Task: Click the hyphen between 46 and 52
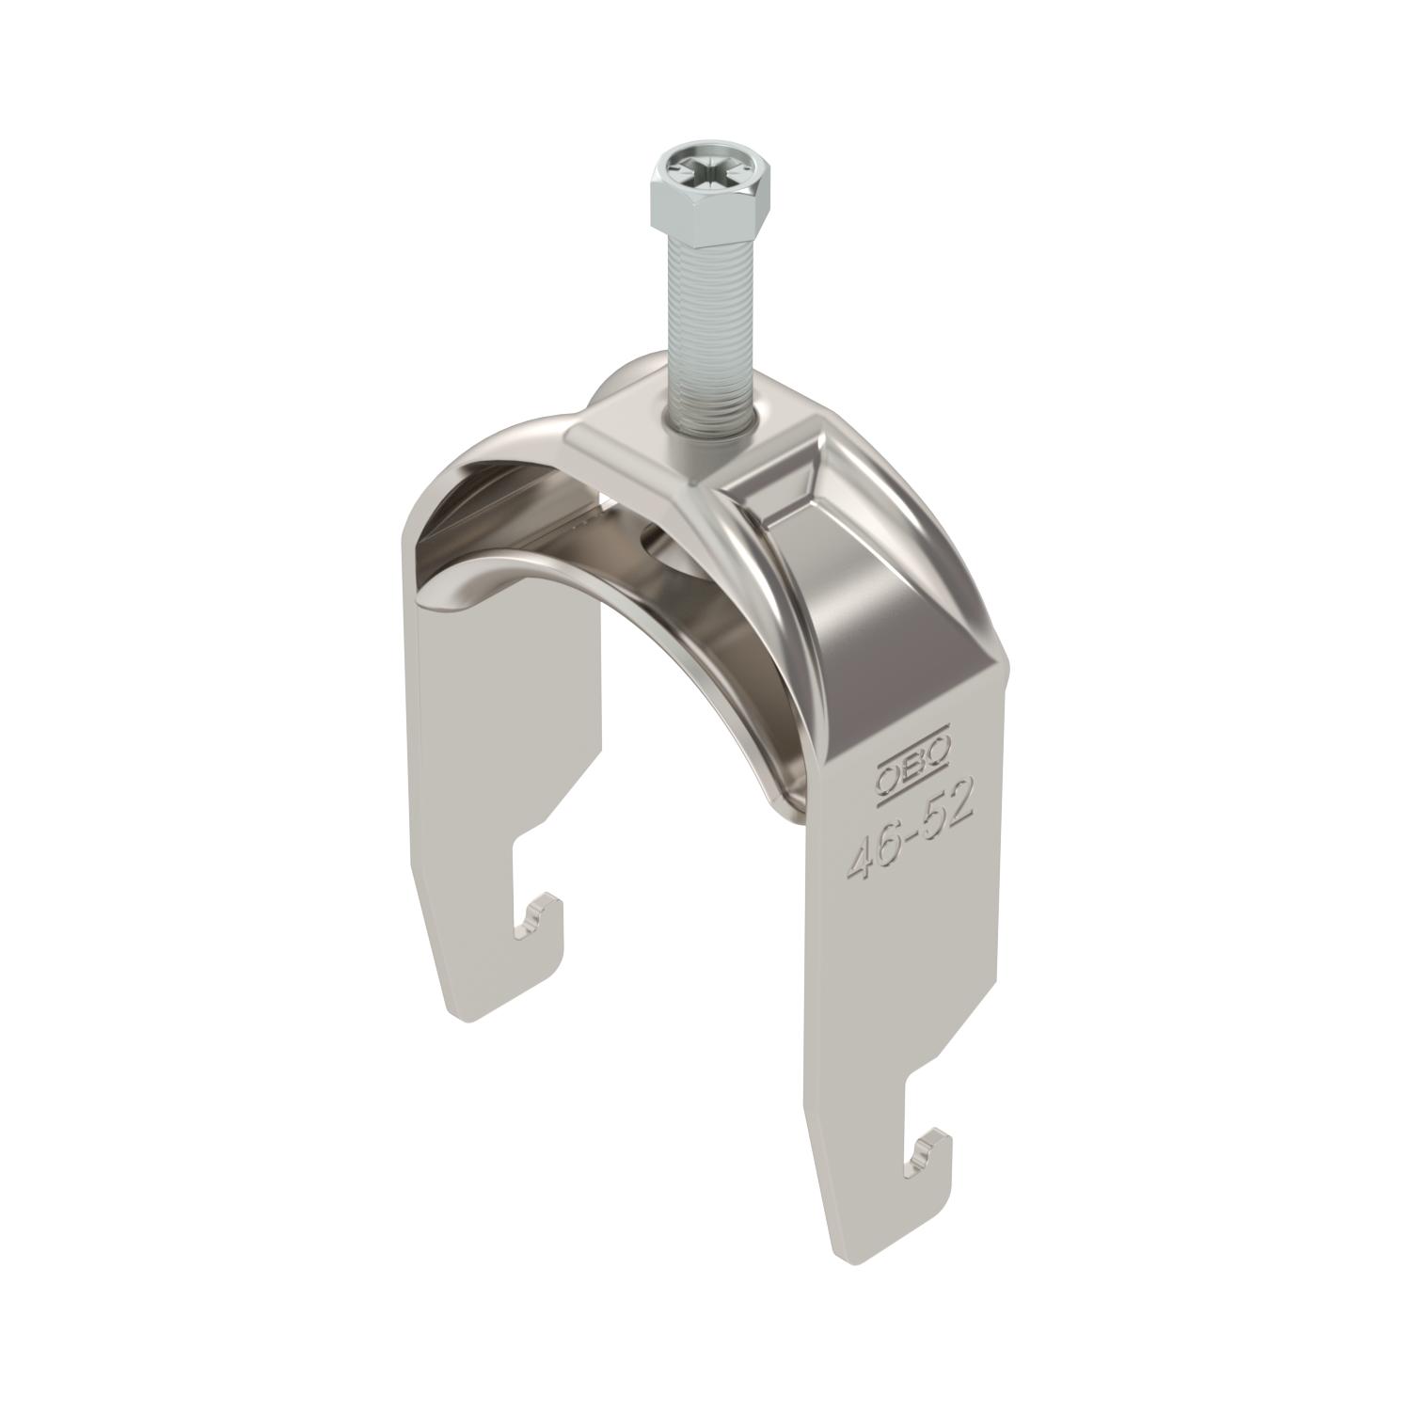click(909, 837)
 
